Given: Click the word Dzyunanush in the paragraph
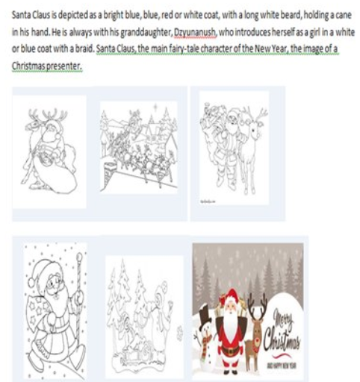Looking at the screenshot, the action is click(195, 32).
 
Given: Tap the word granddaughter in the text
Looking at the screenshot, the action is click(146, 32).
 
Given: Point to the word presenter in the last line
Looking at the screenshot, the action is click(63, 66).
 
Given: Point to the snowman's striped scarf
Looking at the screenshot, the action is click(206, 341).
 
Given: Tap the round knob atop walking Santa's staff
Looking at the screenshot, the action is click(79, 257).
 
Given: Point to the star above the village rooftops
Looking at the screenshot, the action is click(156, 107).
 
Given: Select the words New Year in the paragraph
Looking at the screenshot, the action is click(267, 48).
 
